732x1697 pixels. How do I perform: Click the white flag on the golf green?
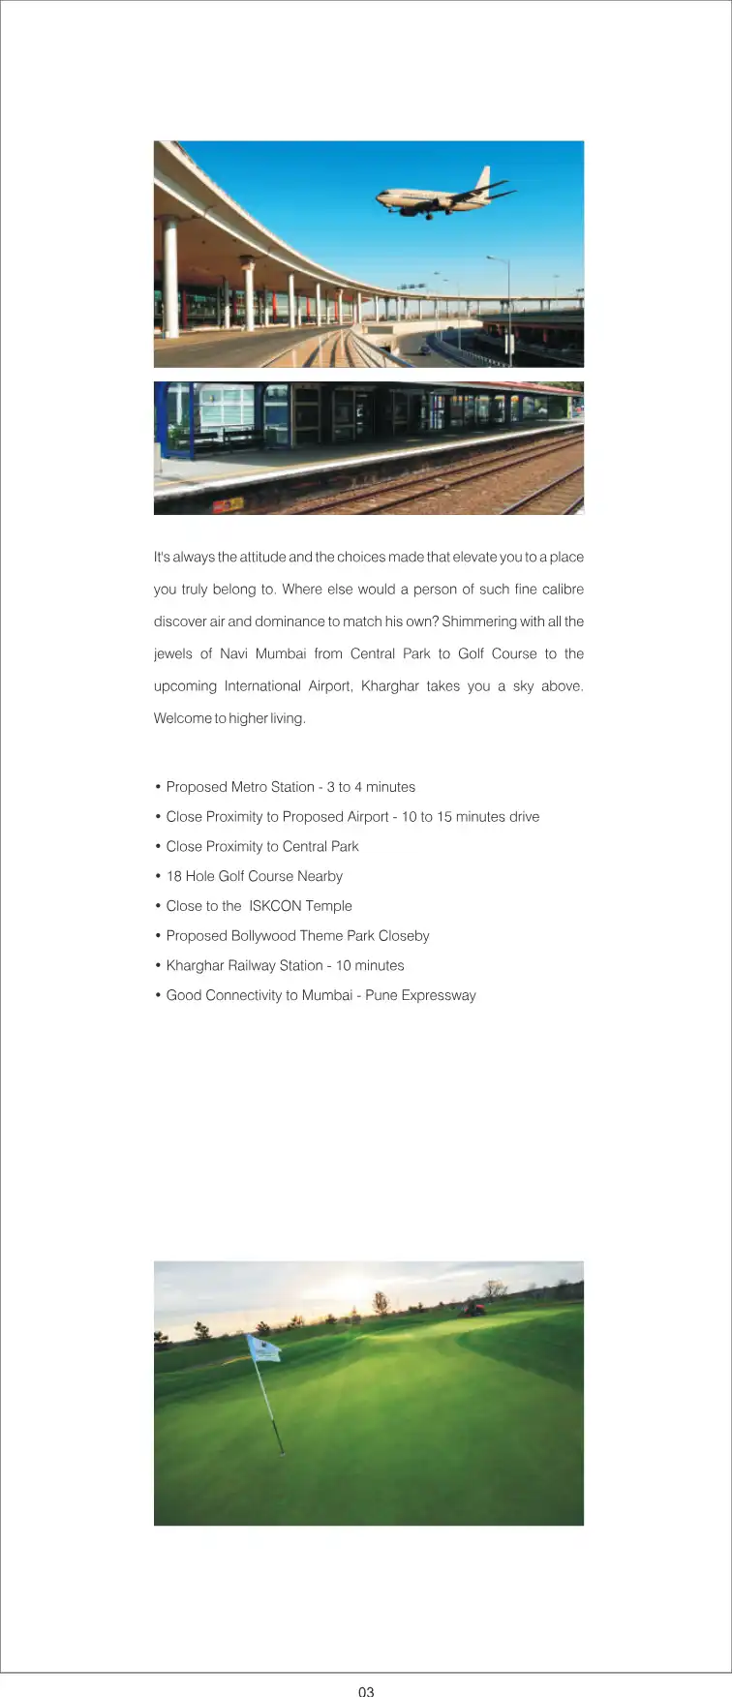click(x=263, y=1348)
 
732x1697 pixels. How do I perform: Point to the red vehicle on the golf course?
click(x=473, y=1308)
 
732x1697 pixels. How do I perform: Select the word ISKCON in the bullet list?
click(x=275, y=906)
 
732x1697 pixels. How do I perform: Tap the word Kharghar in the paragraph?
click(x=390, y=686)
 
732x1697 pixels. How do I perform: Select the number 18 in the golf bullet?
click(x=174, y=876)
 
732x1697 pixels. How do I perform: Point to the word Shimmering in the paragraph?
click(x=479, y=621)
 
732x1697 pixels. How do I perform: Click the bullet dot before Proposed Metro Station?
click(x=158, y=787)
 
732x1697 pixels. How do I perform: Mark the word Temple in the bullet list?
click(x=329, y=906)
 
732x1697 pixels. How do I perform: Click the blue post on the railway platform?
click(x=192, y=420)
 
